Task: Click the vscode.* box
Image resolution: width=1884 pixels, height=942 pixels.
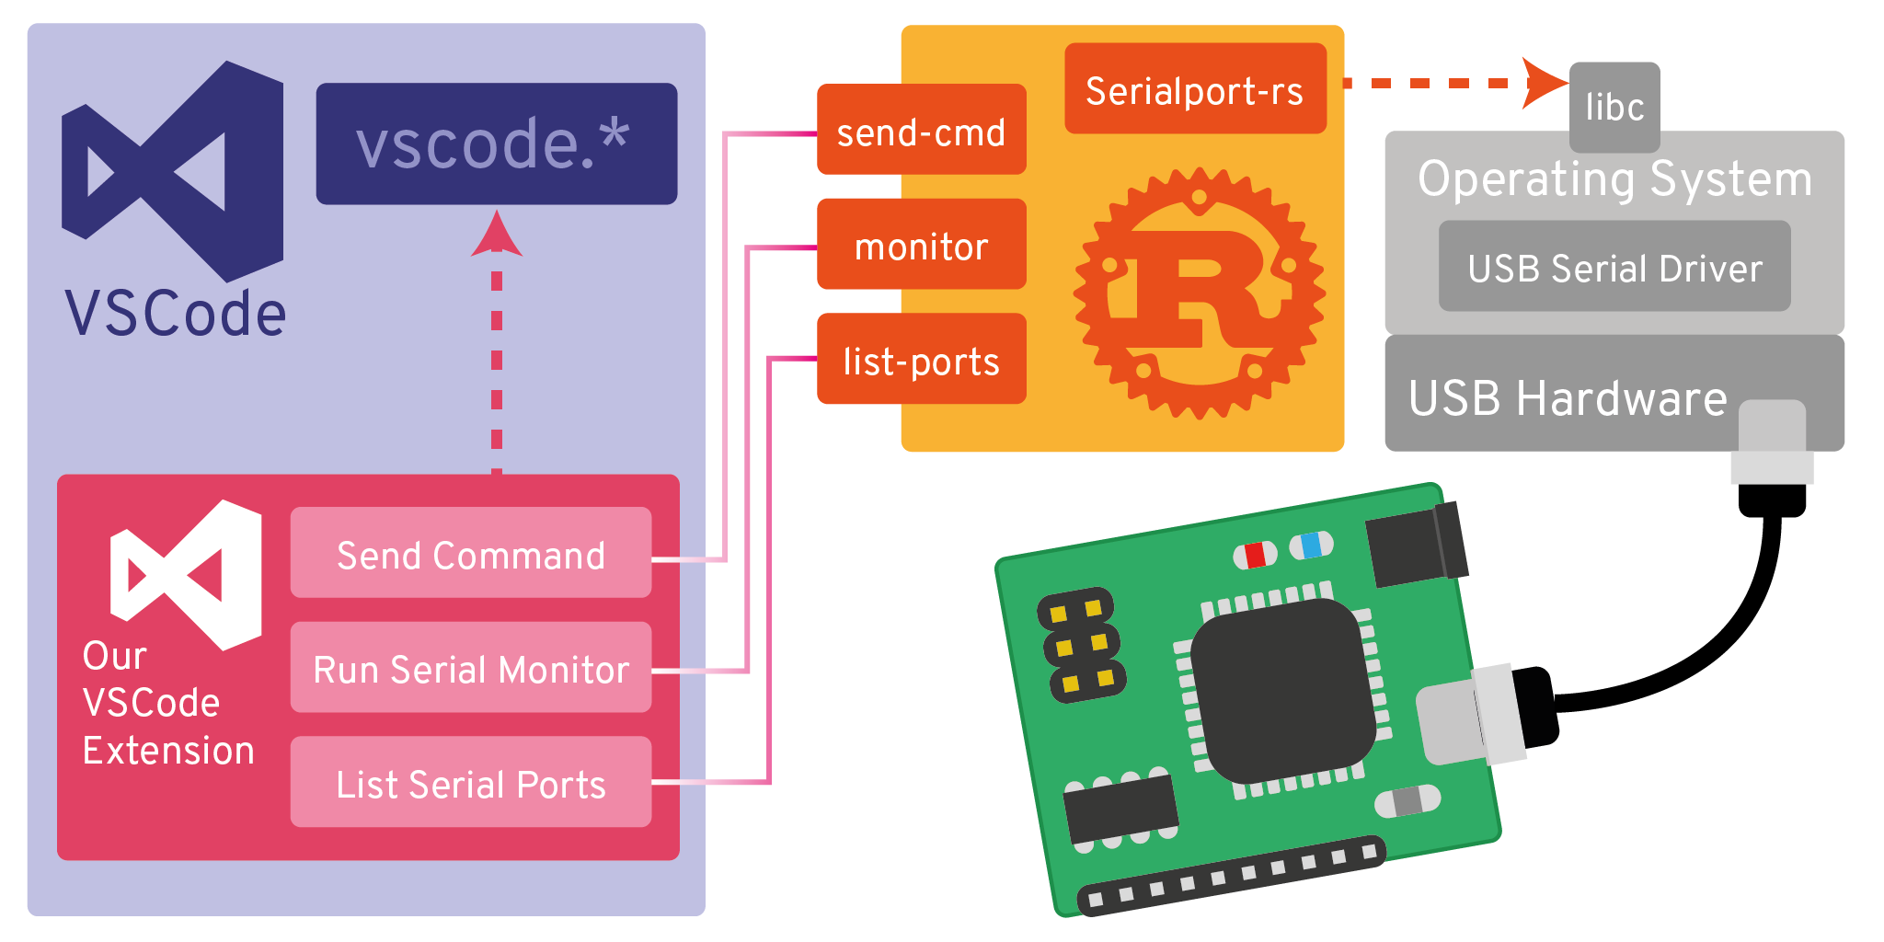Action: click(x=497, y=144)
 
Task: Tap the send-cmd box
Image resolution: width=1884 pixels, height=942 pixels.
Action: click(x=921, y=130)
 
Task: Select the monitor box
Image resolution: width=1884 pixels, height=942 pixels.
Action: click(x=921, y=245)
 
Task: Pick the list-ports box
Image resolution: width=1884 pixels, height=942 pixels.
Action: click(x=921, y=360)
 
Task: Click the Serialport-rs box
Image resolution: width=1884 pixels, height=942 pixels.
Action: click(x=1195, y=89)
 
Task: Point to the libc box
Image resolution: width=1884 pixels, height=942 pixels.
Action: click(x=1614, y=106)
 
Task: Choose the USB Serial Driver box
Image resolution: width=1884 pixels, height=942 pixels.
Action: click(x=1614, y=267)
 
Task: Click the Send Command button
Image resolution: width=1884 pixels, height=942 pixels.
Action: click(x=471, y=554)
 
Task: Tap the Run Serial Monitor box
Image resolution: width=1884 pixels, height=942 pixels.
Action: click(x=471, y=668)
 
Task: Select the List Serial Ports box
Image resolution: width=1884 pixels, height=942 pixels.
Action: click(x=471, y=783)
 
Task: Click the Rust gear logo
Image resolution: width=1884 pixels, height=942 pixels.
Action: click(x=1199, y=293)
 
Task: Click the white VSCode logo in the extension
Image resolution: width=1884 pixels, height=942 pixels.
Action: click(x=186, y=575)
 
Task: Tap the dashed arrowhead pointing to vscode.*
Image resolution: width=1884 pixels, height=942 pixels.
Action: click(x=497, y=234)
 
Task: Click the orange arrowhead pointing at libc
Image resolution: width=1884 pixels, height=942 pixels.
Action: click(x=1543, y=83)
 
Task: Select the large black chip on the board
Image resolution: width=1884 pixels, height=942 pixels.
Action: click(x=1282, y=690)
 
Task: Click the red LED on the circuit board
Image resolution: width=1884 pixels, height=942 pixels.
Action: click(x=1256, y=555)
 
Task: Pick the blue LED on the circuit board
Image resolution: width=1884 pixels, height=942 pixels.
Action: click(x=1311, y=546)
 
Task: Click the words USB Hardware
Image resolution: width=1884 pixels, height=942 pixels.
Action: click(x=1568, y=398)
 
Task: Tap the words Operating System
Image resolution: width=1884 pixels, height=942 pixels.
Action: click(x=1614, y=178)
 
